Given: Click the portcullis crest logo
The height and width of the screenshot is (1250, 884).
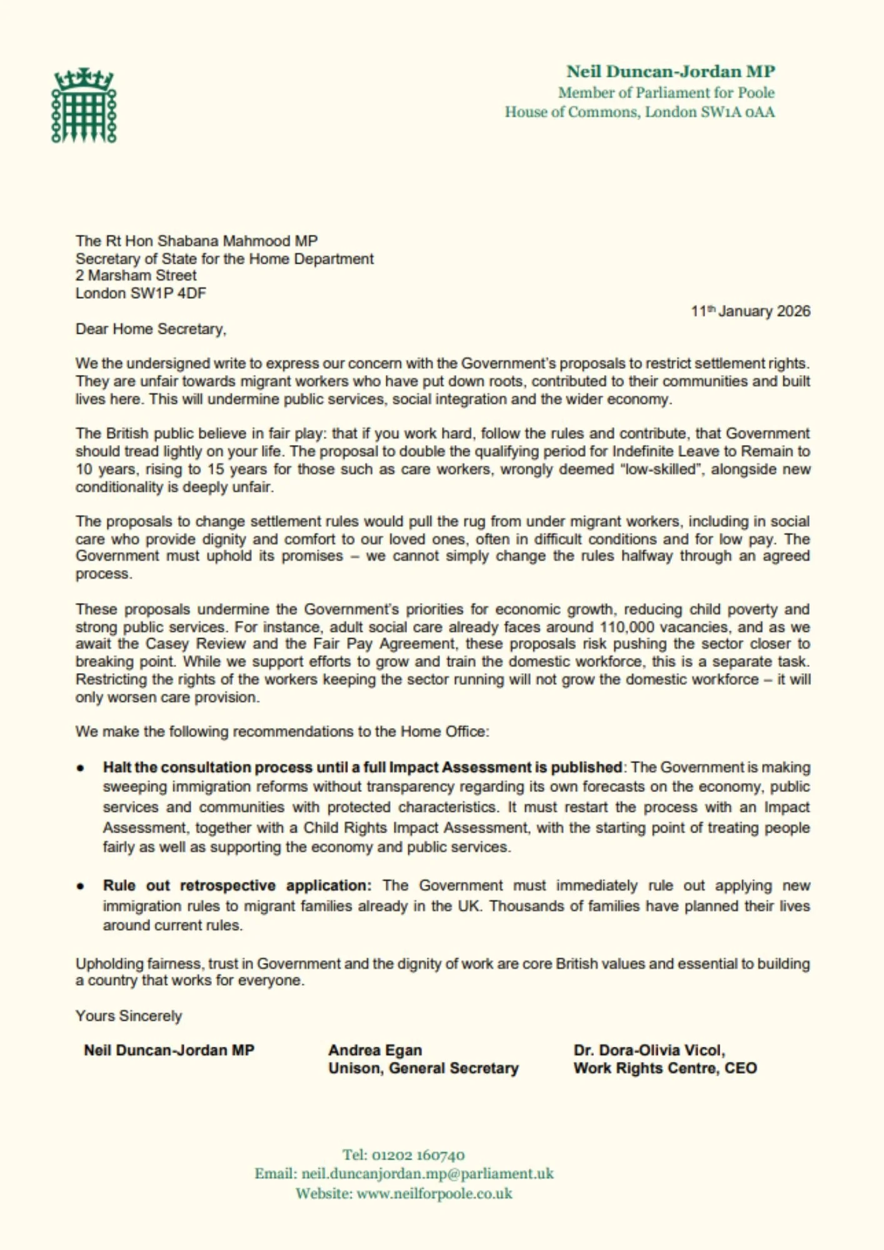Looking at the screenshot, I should pos(84,106).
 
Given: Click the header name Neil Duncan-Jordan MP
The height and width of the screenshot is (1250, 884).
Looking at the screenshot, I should pos(670,72).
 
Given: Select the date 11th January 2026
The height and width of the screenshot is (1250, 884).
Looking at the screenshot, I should pos(750,311).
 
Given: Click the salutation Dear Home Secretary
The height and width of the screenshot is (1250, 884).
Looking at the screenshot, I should pos(151,329).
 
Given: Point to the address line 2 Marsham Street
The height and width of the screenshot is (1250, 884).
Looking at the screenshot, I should pos(136,276).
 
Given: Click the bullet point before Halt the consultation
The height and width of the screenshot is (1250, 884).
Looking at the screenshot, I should pos(81,768).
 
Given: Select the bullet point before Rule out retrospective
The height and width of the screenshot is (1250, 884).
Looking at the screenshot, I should pos(81,886).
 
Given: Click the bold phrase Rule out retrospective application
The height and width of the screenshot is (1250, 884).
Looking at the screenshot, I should pos(237,886).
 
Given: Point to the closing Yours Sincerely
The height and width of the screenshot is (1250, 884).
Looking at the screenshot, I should pos(129,1016).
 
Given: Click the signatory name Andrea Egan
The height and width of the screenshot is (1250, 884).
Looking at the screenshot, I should pos(375,1051).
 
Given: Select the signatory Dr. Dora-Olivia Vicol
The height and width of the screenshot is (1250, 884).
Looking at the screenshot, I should pos(649,1051).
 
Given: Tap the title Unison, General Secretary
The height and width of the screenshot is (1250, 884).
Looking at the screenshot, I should pos(423,1069).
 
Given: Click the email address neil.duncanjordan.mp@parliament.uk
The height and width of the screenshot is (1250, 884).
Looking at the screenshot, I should pos(428,1174).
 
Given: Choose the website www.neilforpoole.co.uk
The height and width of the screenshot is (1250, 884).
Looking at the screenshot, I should pos(434,1194).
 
